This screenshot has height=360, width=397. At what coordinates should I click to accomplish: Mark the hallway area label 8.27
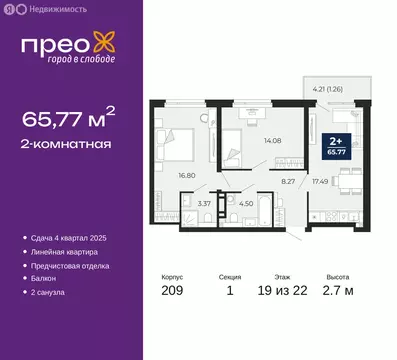click(x=288, y=180)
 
